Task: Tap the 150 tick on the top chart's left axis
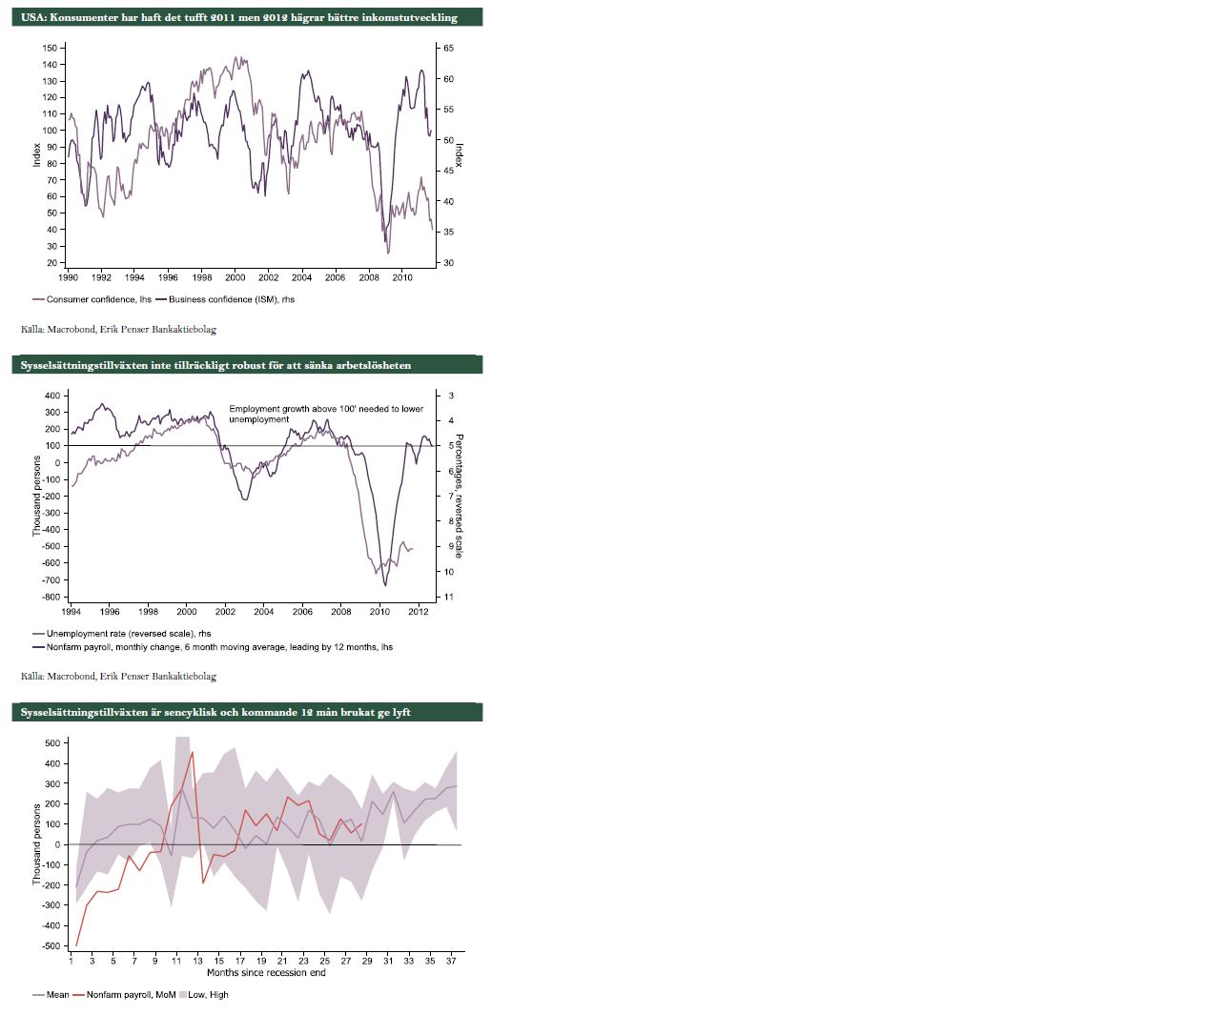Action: pyautogui.click(x=50, y=48)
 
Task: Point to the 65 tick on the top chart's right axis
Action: pyautogui.click(x=449, y=48)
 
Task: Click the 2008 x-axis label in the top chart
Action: pyautogui.click(x=369, y=278)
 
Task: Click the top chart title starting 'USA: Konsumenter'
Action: pyautogui.click(x=239, y=17)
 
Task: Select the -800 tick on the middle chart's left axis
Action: pyautogui.click(x=49, y=598)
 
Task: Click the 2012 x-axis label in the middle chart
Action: pyautogui.click(x=419, y=612)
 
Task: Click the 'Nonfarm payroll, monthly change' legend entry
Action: pyautogui.click(x=219, y=647)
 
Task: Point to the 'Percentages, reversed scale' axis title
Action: pyautogui.click(x=459, y=496)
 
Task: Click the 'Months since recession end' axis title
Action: pyautogui.click(x=266, y=973)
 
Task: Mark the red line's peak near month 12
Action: pyautogui.click(x=193, y=752)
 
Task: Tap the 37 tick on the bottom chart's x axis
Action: pyautogui.click(x=451, y=961)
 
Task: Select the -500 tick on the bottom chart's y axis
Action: pyautogui.click(x=51, y=946)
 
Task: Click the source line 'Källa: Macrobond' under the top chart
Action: pyautogui.click(x=118, y=330)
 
